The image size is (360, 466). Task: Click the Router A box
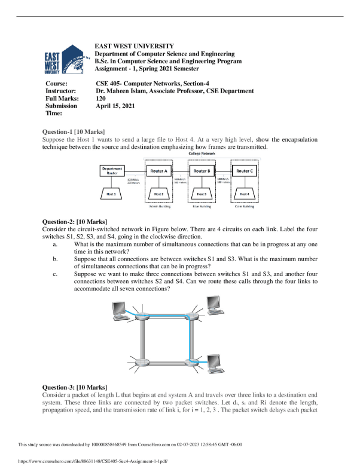(x=158, y=170)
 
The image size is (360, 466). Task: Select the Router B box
(x=201, y=170)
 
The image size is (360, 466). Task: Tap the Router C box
(x=244, y=170)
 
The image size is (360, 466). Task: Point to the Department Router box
(x=114, y=170)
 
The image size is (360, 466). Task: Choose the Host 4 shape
(x=244, y=194)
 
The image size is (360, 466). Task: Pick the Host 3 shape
(x=201, y=194)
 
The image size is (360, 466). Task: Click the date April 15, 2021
(x=115, y=106)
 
